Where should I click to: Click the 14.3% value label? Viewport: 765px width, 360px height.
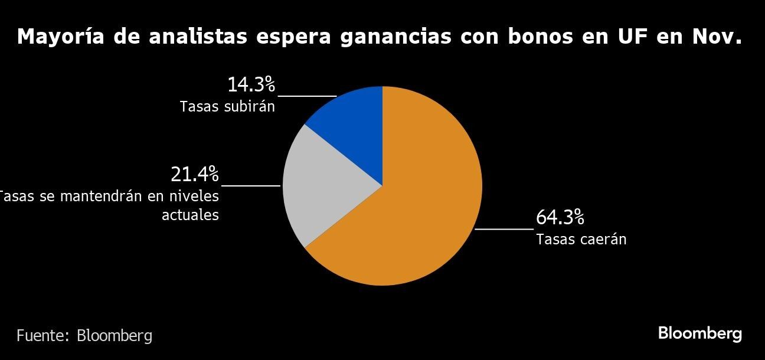coord(251,85)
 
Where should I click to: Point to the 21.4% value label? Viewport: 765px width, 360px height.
coord(195,175)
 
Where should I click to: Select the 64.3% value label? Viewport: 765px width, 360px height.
coord(560,218)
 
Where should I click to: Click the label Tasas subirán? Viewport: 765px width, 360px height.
coord(227,107)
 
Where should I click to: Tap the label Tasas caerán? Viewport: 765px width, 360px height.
coord(581,240)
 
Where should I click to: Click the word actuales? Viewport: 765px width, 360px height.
coord(190,215)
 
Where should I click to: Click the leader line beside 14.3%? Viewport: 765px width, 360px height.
coord(307,96)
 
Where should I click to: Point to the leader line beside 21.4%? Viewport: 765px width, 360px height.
coord(251,185)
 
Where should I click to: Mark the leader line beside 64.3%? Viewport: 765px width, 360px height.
coord(504,228)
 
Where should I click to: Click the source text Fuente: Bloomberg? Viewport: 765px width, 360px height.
coord(84,336)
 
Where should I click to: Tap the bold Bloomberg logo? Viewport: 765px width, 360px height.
coord(699,333)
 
